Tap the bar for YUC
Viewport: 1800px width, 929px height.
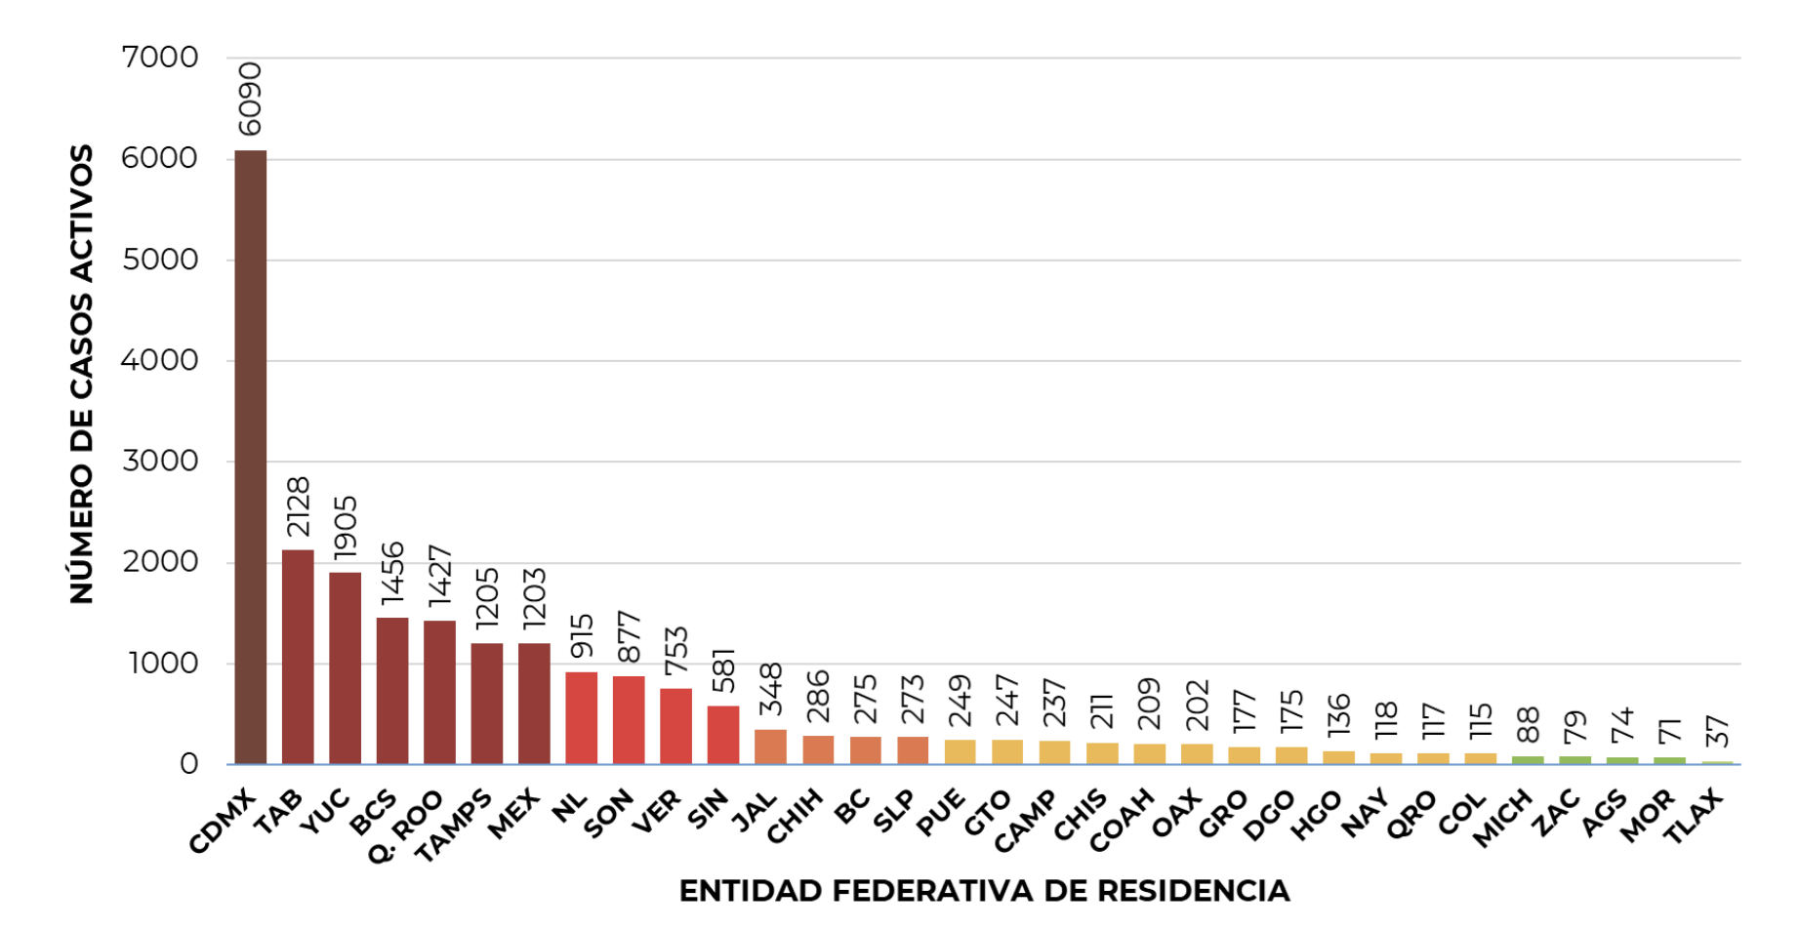pyautogui.click(x=345, y=667)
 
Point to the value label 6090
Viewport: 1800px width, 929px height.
pyautogui.click(x=250, y=99)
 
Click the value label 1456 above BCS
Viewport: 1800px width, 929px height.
pyautogui.click(x=392, y=572)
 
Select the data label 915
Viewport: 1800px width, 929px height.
pyautogui.click(x=582, y=635)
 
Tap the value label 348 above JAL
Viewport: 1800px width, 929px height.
pyautogui.click(x=771, y=688)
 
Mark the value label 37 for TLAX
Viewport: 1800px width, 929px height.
pyautogui.click(x=1717, y=731)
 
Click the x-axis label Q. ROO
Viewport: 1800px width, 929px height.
pyautogui.click(x=405, y=827)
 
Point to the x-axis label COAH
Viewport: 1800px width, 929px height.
pyautogui.click(x=1122, y=821)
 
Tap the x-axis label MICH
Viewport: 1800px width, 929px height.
pyautogui.click(x=1502, y=818)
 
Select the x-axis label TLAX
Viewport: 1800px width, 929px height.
pyautogui.click(x=1694, y=816)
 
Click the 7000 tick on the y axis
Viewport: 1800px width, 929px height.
pyautogui.click(x=160, y=58)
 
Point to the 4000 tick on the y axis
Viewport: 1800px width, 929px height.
pyautogui.click(x=160, y=360)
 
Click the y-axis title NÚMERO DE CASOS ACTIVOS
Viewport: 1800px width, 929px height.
pyautogui.click(x=82, y=374)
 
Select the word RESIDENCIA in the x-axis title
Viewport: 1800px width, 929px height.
pyautogui.click(x=1193, y=891)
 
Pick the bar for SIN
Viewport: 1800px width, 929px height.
pyautogui.click(x=723, y=734)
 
